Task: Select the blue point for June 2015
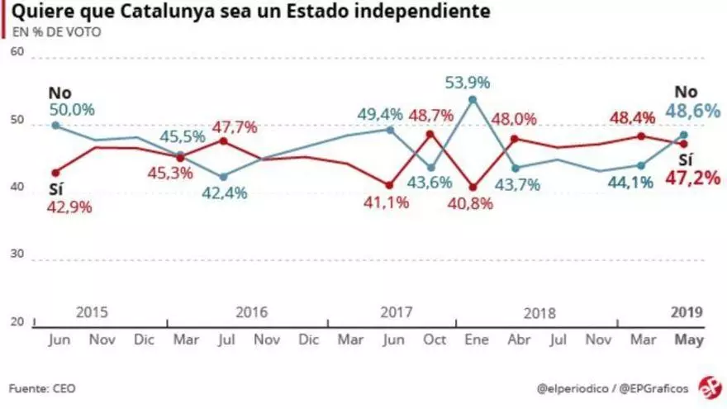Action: (x=55, y=125)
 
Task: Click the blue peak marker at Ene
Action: (x=472, y=99)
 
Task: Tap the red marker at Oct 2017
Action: (x=430, y=134)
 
